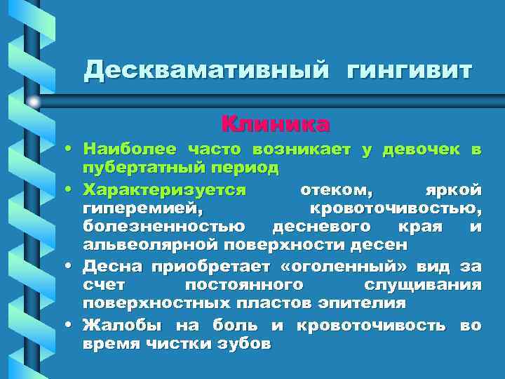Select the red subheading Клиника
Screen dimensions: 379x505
(276, 124)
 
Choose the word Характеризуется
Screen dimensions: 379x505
(164, 189)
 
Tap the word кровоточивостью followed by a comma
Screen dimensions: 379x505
(396, 208)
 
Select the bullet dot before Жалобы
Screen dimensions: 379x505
(72, 326)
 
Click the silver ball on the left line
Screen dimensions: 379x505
(34, 102)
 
